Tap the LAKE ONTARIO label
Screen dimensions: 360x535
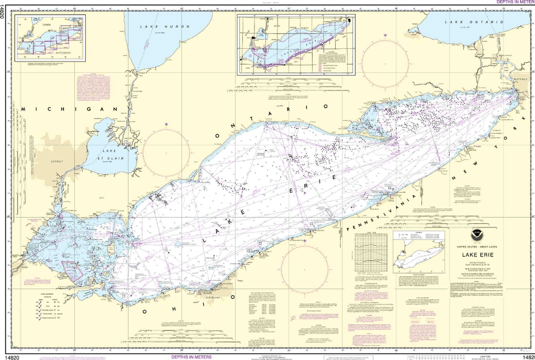pos(474,23)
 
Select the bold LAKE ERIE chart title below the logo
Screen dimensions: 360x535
pos(477,254)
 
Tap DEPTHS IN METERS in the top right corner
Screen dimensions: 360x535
pos(515,2)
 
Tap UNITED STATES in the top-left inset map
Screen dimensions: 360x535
pos(63,52)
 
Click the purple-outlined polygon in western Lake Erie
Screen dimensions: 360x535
pos(72,271)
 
